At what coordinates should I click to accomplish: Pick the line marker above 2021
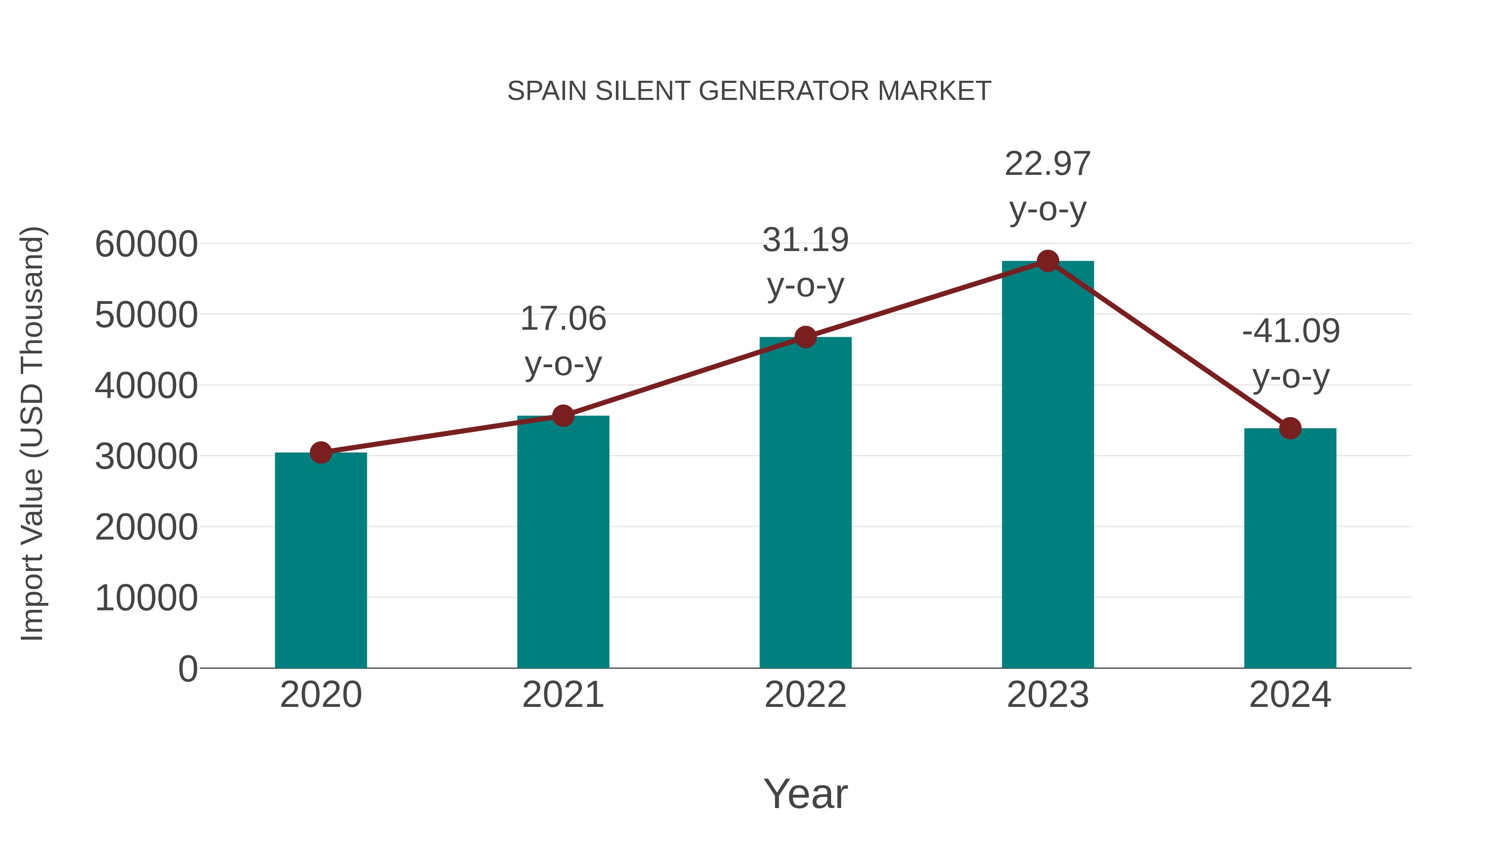563,416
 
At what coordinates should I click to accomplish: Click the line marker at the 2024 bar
1290,429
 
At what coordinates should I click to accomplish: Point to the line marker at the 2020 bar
321,452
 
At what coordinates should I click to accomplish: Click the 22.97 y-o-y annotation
1048,186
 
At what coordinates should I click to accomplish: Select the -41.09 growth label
1290,353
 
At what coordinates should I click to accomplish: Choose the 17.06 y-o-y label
563,341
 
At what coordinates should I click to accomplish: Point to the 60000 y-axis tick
146,244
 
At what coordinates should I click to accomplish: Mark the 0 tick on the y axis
187,669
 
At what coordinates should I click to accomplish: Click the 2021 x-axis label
563,695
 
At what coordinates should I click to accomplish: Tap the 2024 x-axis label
1290,695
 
